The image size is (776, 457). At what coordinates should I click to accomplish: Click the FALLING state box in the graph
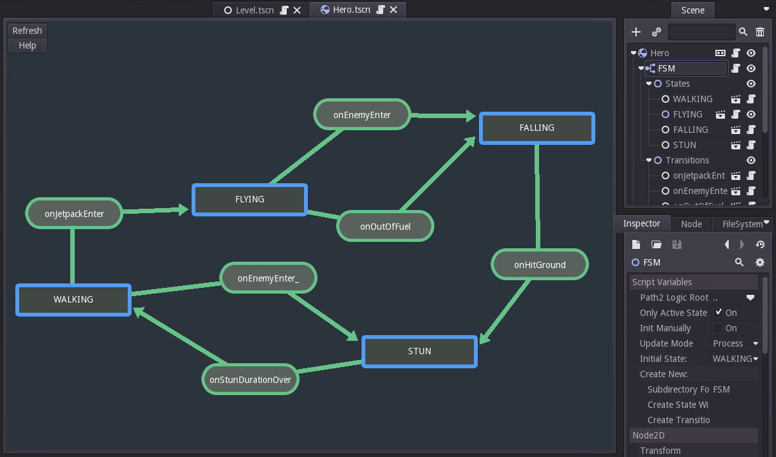[x=536, y=128]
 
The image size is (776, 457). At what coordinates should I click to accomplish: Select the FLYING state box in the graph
[x=250, y=199]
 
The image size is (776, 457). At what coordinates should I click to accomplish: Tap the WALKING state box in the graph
[x=73, y=299]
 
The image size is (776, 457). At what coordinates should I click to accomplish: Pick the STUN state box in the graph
[x=420, y=351]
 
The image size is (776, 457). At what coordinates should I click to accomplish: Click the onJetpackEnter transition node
[x=74, y=213]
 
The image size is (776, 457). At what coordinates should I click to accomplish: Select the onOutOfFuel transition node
[x=385, y=226]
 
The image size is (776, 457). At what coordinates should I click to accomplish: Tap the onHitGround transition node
[x=540, y=264]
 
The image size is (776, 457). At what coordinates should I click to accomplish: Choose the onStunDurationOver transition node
[x=250, y=379]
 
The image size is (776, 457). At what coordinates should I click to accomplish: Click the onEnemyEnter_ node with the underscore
[x=268, y=278]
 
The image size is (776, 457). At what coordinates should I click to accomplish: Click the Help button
[x=27, y=45]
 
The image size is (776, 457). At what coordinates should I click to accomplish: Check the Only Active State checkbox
[x=719, y=312]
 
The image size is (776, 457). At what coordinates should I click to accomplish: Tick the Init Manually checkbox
[x=719, y=328]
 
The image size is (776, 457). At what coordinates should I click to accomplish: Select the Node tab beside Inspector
[x=691, y=224]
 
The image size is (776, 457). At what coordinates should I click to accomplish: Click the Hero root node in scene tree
[x=660, y=53]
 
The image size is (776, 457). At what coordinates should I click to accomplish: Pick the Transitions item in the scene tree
[x=687, y=160]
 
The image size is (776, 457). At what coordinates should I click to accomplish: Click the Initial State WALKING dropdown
[x=735, y=359]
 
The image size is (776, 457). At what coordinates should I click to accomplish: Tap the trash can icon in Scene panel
[x=760, y=32]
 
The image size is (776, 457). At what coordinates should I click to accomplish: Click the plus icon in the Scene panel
[x=635, y=32]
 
